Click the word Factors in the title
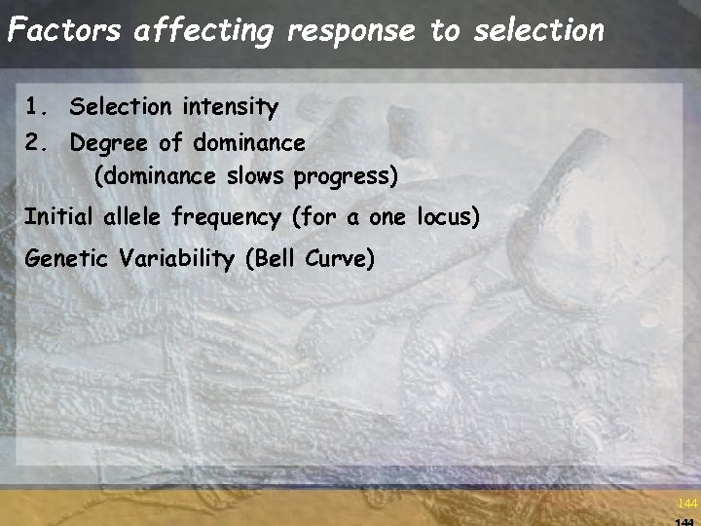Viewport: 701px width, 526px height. click(64, 30)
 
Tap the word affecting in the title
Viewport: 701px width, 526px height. click(206, 31)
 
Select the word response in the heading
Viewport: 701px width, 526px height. click(351, 31)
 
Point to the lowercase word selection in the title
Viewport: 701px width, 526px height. click(538, 30)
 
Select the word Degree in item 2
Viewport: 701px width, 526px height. click(110, 143)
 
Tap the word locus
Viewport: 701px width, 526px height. click(447, 216)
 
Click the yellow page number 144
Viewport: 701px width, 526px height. click(687, 504)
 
